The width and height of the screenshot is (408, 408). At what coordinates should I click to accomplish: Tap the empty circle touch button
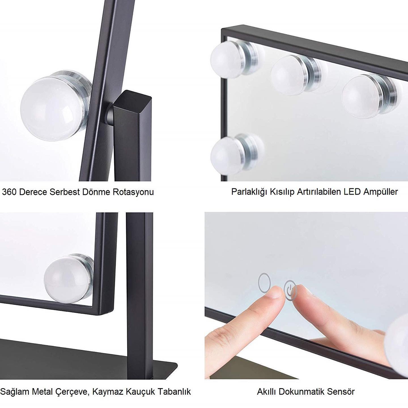click(x=264, y=283)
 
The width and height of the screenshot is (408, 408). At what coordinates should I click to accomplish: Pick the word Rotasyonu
click(x=133, y=192)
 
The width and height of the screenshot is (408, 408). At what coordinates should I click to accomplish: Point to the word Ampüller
click(x=380, y=192)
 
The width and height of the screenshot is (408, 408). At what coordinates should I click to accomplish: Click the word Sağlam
click(x=15, y=392)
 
